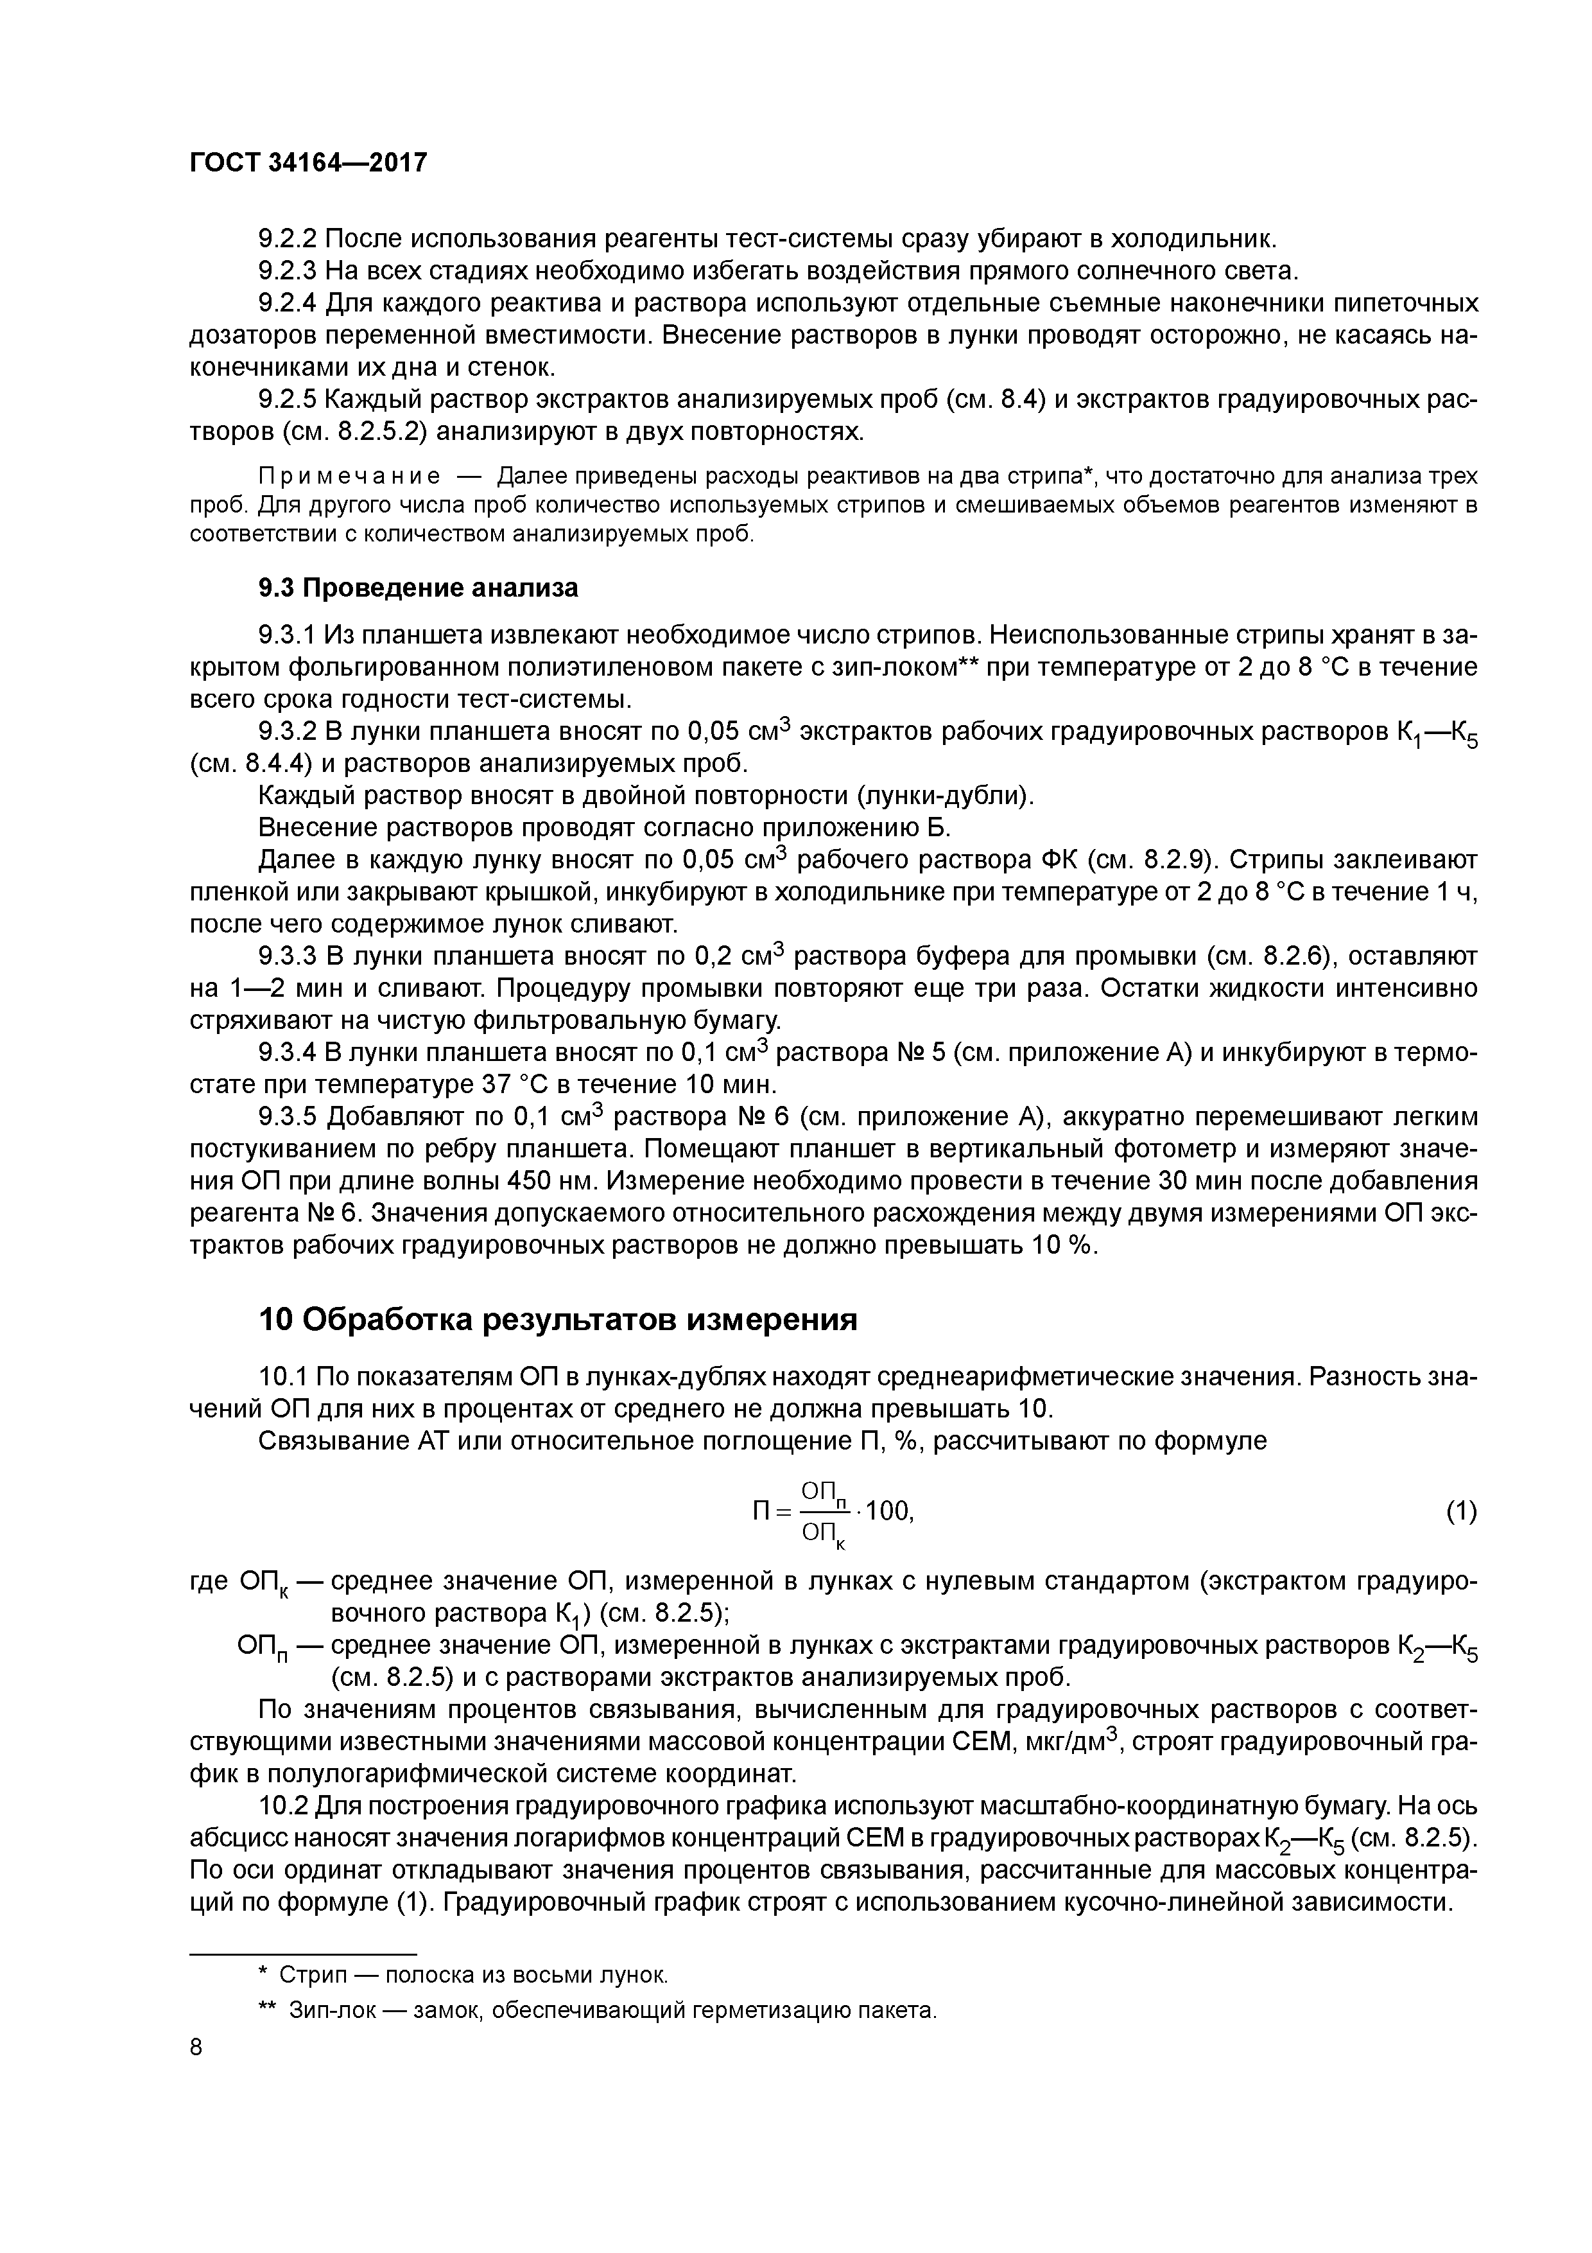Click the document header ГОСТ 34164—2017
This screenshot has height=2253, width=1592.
(x=308, y=162)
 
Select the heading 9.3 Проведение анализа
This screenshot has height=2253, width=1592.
(x=418, y=587)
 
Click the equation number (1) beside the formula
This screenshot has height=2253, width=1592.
(x=1460, y=1511)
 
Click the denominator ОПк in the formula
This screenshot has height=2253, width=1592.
(x=822, y=1534)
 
